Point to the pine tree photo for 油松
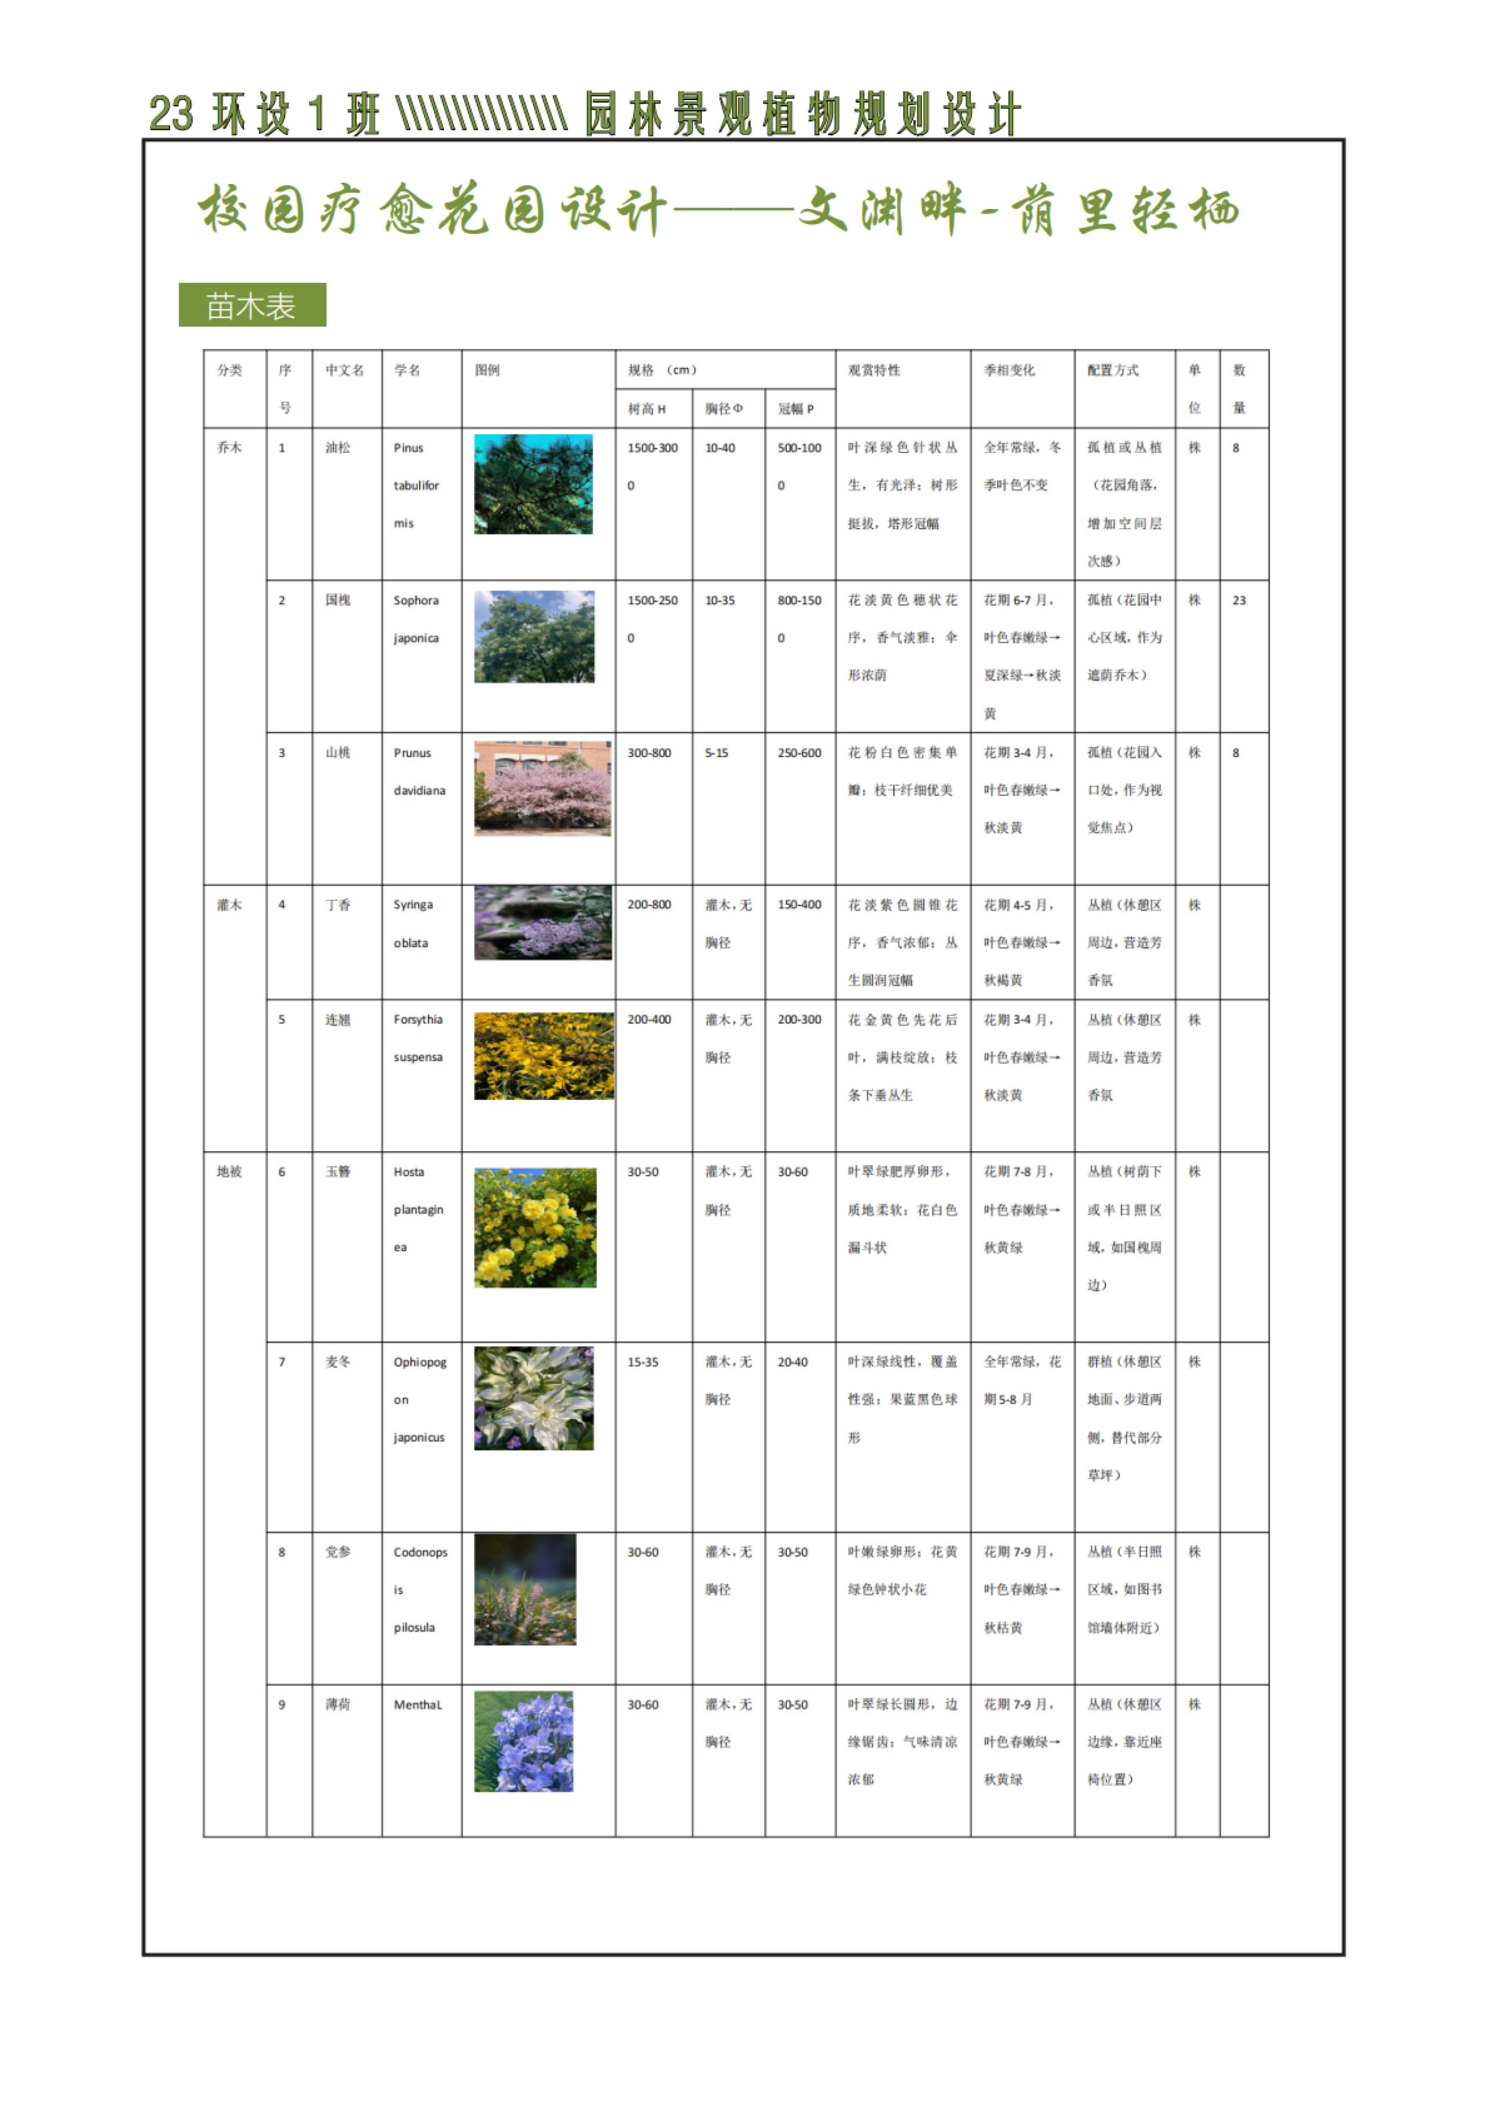pyautogui.click(x=533, y=484)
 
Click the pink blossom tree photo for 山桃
pyautogui.click(x=542, y=788)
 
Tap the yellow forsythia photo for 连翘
pyautogui.click(x=543, y=1056)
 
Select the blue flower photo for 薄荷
pyautogui.click(x=524, y=1742)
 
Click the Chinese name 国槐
pyautogui.click(x=338, y=600)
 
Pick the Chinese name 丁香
pyautogui.click(x=338, y=905)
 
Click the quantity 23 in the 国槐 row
pyautogui.click(x=1239, y=600)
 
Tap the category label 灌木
pyautogui.click(x=229, y=905)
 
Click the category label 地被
pyautogui.click(x=229, y=1172)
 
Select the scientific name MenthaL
pyautogui.click(x=417, y=1705)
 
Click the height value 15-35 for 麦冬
pyautogui.click(x=642, y=1362)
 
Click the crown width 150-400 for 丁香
pyautogui.click(x=799, y=905)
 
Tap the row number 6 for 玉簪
pyautogui.click(x=282, y=1173)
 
